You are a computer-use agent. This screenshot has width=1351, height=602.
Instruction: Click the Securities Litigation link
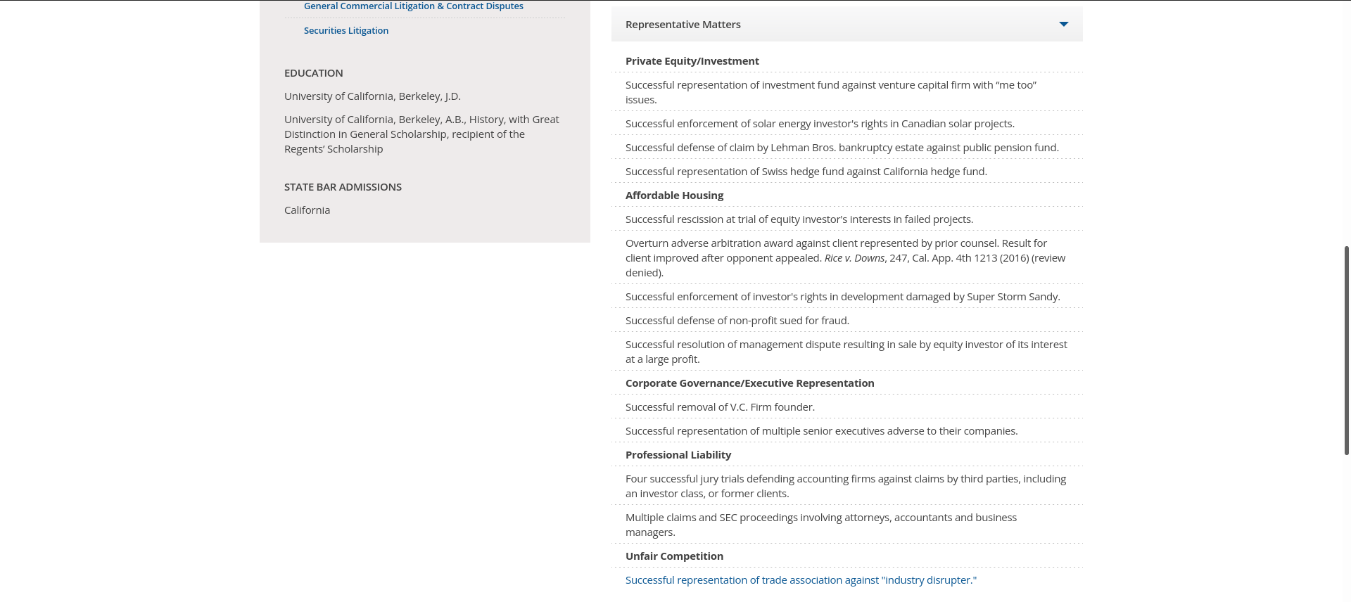click(x=345, y=30)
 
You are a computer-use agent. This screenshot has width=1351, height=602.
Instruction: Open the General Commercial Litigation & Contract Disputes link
click(x=413, y=6)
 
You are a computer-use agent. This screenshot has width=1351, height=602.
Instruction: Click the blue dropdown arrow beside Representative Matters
click(x=1063, y=25)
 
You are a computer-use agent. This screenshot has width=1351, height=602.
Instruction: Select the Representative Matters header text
click(x=683, y=25)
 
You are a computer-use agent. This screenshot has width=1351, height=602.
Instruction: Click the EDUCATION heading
click(x=313, y=73)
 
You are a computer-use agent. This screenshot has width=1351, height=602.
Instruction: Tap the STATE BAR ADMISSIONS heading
click(x=343, y=187)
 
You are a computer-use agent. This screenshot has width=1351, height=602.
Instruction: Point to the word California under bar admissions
click(x=307, y=210)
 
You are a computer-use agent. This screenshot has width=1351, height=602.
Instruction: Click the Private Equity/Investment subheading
click(x=692, y=61)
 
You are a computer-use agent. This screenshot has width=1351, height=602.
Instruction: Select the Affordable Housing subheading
click(x=674, y=196)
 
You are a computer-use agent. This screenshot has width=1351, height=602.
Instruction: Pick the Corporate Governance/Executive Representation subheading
click(x=749, y=383)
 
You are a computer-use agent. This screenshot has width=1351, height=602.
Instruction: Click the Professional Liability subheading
click(x=678, y=455)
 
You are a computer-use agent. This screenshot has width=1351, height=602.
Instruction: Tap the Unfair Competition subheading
click(x=674, y=556)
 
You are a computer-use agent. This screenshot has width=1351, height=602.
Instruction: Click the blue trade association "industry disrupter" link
click(x=801, y=580)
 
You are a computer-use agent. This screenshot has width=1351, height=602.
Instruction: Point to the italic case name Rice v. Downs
click(x=854, y=258)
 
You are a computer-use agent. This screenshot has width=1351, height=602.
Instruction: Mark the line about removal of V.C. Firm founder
click(x=720, y=407)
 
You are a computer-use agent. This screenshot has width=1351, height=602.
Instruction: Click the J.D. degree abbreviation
click(x=452, y=96)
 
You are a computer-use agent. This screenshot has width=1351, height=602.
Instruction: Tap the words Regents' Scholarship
click(x=334, y=149)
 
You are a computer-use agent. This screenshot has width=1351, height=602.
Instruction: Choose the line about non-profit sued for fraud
click(x=737, y=321)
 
